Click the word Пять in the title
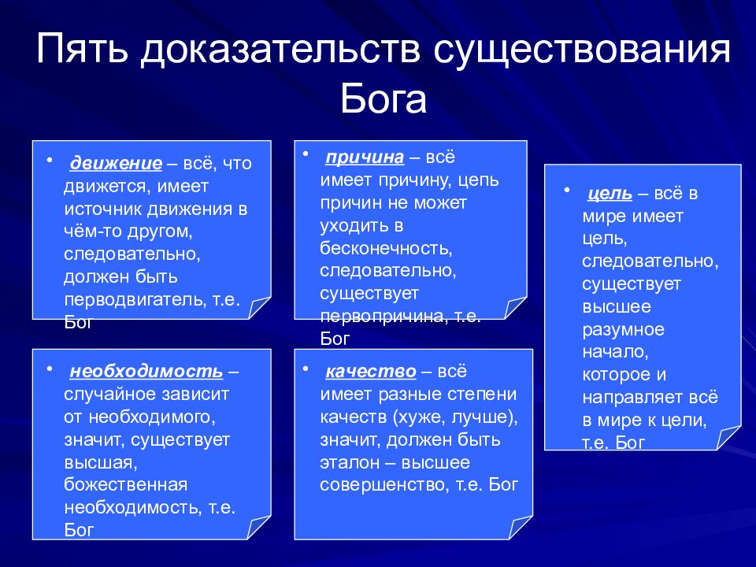(x=83, y=48)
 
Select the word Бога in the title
(x=384, y=99)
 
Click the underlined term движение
(x=116, y=164)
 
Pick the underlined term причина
(x=365, y=157)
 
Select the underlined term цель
(x=610, y=194)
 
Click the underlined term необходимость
(x=146, y=371)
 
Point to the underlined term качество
(x=370, y=371)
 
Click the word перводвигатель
(x=135, y=300)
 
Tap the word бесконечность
(x=386, y=248)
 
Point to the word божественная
(x=125, y=484)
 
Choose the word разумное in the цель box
(x=624, y=330)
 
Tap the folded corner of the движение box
(x=259, y=308)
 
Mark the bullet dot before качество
(x=306, y=369)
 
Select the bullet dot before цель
(x=567, y=191)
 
